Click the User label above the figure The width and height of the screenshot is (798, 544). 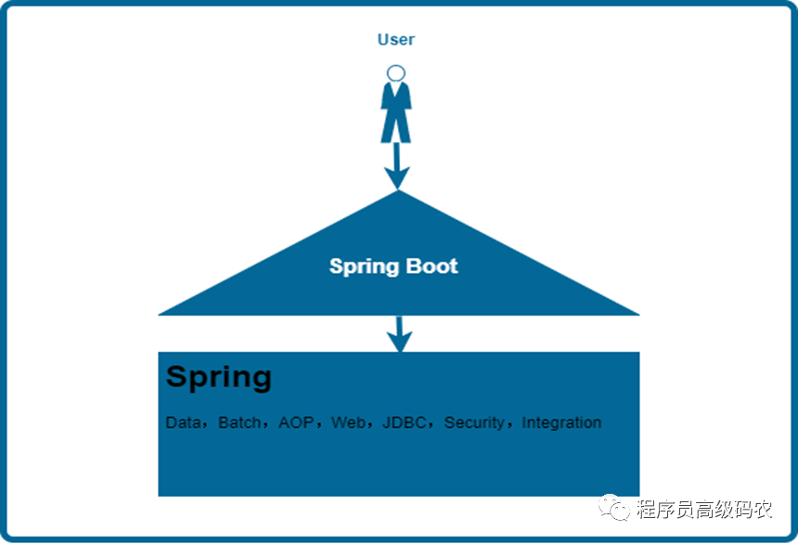click(396, 40)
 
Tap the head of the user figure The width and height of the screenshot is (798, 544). click(396, 72)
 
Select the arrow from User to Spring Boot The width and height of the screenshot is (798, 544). click(397, 165)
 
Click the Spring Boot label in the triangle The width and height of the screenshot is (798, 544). click(393, 266)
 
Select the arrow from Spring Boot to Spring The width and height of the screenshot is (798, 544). click(399, 333)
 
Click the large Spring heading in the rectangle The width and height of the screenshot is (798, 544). click(219, 377)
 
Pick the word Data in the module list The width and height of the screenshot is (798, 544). click(183, 423)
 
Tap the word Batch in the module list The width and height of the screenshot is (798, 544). click(239, 423)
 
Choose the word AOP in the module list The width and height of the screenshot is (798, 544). click(296, 423)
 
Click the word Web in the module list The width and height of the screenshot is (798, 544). click(348, 423)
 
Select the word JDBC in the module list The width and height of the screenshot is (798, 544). click(405, 423)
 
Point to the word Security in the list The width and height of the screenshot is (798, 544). click(474, 423)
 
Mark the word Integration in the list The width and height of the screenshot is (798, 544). click(561, 423)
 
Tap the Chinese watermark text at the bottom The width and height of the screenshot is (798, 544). click(705, 510)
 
